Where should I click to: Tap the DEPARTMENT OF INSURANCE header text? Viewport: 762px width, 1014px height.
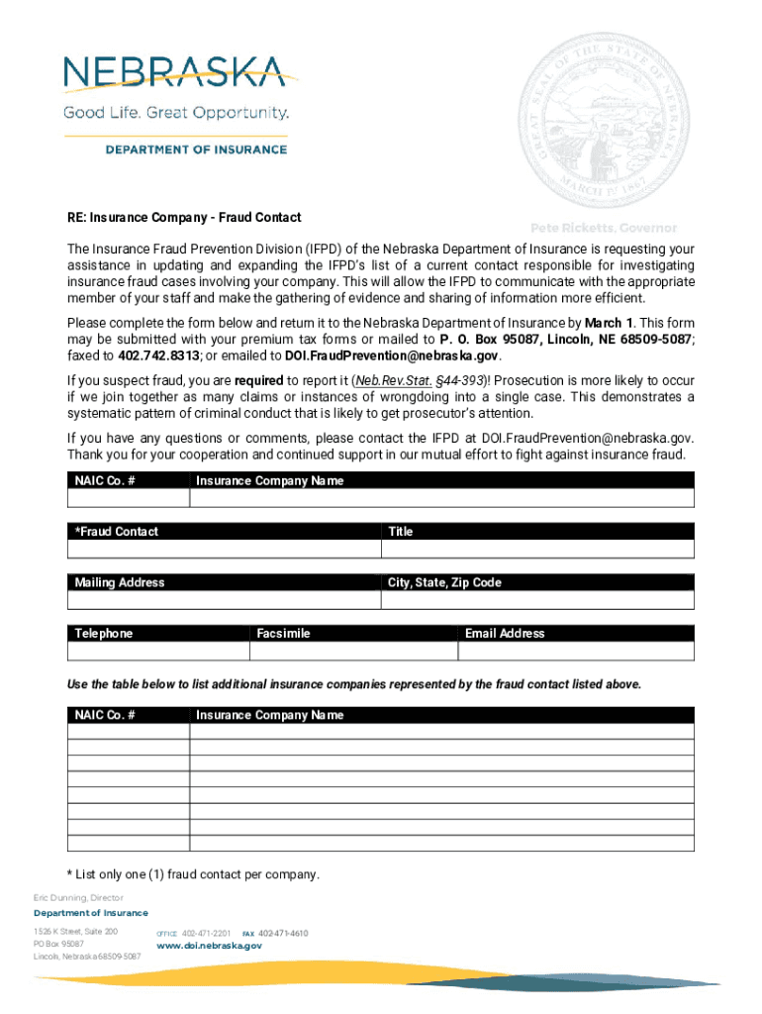tap(196, 150)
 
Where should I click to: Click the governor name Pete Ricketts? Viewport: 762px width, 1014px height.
tap(604, 228)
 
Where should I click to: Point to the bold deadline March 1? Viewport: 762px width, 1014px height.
tap(610, 323)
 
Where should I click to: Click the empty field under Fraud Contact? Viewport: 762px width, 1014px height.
tap(225, 550)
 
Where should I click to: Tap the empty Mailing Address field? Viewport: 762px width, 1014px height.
tap(225, 600)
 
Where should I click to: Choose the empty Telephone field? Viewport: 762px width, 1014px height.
tap(156, 652)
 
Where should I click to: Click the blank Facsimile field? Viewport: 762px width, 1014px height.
tap(352, 652)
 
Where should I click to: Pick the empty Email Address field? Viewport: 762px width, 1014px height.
tap(576, 652)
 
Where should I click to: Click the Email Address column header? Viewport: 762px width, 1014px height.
tap(505, 634)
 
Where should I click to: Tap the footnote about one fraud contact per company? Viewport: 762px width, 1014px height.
tap(193, 874)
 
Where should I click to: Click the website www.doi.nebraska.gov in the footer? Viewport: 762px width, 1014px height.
tap(210, 946)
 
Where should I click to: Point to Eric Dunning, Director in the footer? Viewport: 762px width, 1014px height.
tap(78, 898)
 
